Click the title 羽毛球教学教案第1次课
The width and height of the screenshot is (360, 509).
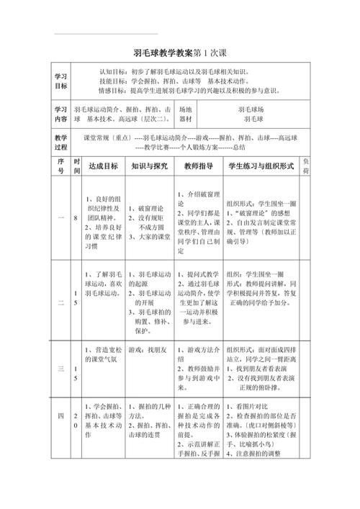coord(179,54)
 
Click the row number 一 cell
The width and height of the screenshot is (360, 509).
coord(61,217)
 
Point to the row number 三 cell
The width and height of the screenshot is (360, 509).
coord(61,369)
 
